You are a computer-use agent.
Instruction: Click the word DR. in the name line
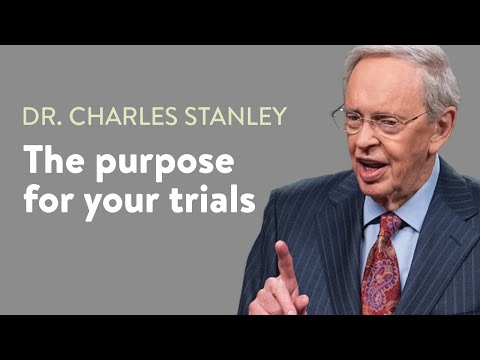click(x=41, y=116)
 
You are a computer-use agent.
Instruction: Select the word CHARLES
click(x=113, y=116)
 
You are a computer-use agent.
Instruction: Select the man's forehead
click(x=385, y=90)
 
